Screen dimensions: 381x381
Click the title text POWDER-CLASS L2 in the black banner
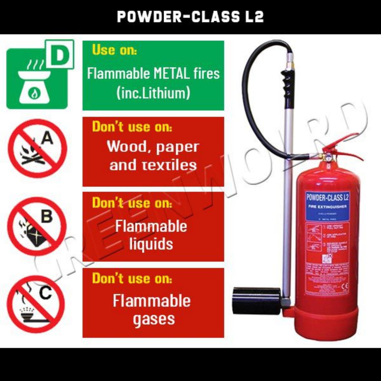[x=190, y=17]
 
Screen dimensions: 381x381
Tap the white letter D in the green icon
[x=60, y=55]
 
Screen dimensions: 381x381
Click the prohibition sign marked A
[x=37, y=149]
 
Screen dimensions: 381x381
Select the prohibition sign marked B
[x=37, y=226]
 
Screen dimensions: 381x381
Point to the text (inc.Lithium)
[x=153, y=93]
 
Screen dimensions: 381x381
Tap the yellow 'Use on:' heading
[x=114, y=50]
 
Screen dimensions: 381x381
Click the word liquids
[x=151, y=244]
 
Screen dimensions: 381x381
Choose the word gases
[x=154, y=319]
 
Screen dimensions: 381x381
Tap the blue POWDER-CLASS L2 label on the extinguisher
[x=327, y=197]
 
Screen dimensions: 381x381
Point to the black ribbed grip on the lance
[x=288, y=84]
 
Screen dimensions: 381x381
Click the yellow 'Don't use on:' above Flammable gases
[x=132, y=278]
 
